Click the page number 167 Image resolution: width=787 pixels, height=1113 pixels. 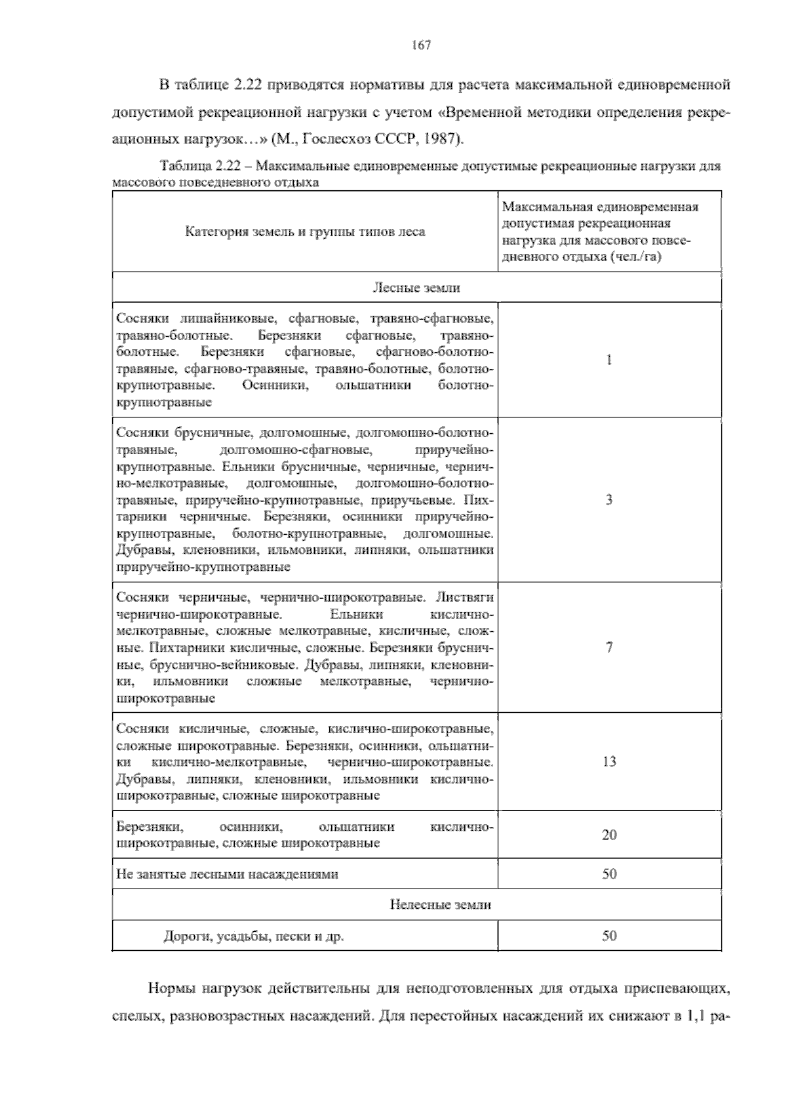click(420, 45)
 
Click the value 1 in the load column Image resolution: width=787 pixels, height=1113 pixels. click(609, 360)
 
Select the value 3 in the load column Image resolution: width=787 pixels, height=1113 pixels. click(609, 499)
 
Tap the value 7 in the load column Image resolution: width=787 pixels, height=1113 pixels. click(609, 647)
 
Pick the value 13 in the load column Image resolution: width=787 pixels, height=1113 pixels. click(609, 761)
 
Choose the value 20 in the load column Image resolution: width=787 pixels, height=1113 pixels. click(609, 835)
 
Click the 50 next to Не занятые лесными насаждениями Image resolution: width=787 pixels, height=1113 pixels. click(609, 874)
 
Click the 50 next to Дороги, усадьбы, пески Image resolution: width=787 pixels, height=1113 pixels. click(609, 936)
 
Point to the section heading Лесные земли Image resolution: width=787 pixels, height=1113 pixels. click(416, 288)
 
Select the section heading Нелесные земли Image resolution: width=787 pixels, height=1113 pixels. click(440, 904)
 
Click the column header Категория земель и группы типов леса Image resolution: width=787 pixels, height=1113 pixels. click(305, 232)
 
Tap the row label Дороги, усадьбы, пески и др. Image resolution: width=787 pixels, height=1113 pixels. click(253, 936)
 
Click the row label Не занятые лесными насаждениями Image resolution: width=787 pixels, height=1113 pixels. click(227, 874)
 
